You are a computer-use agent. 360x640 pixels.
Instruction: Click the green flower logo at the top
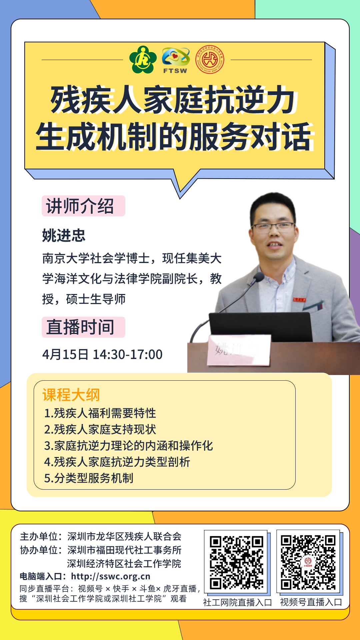[143, 60]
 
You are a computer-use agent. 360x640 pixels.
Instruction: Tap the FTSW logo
[176, 60]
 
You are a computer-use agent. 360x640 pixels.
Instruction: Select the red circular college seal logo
[210, 60]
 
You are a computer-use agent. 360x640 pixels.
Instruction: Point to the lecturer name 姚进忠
[64, 235]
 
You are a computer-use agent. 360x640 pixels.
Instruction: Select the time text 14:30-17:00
[128, 354]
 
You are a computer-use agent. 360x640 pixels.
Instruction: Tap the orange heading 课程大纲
[71, 395]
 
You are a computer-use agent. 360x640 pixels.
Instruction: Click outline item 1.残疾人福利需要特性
[100, 413]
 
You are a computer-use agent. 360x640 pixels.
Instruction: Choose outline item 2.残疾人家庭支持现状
[100, 429]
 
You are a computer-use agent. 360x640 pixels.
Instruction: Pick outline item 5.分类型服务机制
[89, 478]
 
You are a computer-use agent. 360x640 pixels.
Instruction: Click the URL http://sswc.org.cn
[111, 576]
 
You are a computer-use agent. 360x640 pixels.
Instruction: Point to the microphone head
[259, 277]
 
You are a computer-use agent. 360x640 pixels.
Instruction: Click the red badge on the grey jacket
[299, 299]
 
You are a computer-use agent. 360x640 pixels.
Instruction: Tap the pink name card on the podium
[239, 350]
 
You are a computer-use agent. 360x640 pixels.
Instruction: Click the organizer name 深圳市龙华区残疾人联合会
[124, 536]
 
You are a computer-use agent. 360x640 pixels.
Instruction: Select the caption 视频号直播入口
[311, 602]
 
